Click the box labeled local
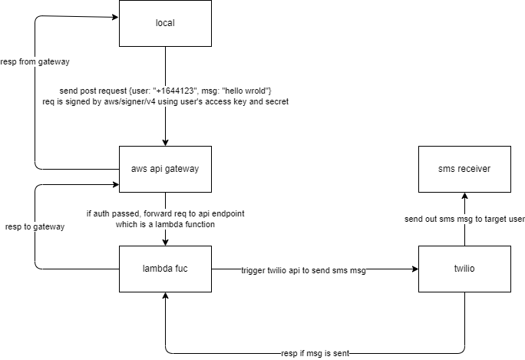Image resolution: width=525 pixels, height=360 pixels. (165, 23)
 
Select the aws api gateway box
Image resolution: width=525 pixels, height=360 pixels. (165, 168)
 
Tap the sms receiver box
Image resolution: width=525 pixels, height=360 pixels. (464, 168)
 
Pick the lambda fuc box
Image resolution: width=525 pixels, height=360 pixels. (165, 269)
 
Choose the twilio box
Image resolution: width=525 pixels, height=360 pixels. (464, 269)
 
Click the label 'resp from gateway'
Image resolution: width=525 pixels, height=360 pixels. (35, 61)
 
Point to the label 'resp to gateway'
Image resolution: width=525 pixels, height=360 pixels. (35, 227)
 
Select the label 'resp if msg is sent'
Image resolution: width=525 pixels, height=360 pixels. (315, 353)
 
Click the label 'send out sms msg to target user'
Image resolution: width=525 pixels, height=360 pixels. (464, 220)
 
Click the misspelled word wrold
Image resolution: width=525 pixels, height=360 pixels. (249, 91)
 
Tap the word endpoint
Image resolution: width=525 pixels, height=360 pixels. (224, 213)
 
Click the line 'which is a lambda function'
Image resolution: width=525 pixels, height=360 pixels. (166, 224)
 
